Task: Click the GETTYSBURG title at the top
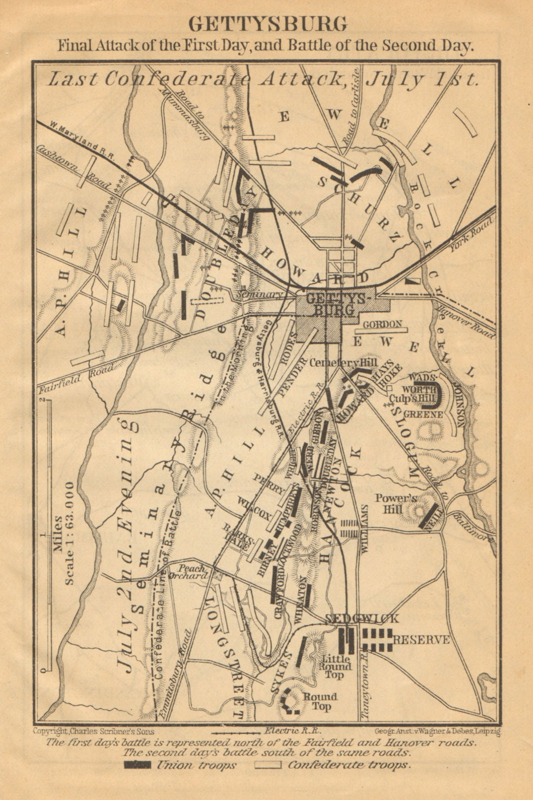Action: [267, 23]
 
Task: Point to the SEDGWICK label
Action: [362, 618]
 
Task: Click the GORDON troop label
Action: [382, 324]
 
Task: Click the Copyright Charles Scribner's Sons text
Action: [94, 730]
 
